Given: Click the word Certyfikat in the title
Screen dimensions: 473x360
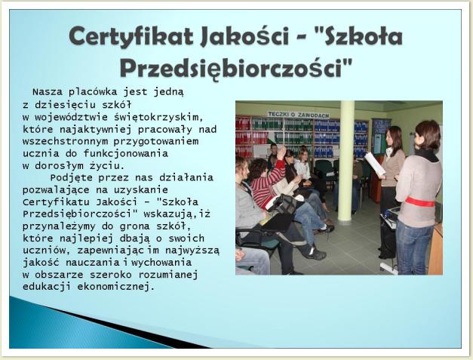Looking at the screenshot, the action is [131, 36].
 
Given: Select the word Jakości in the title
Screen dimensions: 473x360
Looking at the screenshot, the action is [244, 36].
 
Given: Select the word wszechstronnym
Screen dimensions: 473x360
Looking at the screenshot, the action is [65, 141].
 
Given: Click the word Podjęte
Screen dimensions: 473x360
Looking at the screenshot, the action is [71, 178].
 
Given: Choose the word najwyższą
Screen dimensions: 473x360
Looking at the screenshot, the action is [192, 251].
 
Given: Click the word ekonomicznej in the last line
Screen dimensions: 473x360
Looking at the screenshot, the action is [116, 287].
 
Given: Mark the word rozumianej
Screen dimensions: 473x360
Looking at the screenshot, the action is [168, 275].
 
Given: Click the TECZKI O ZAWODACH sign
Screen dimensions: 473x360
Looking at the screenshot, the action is [298, 115].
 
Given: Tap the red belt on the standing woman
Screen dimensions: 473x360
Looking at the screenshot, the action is [420, 202].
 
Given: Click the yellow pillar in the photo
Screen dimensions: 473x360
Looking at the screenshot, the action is [346, 161].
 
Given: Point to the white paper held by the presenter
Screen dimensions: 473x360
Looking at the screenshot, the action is [375, 164].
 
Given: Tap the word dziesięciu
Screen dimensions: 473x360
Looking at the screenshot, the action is [65, 105].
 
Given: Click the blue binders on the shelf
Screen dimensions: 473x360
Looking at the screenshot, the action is [327, 137].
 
